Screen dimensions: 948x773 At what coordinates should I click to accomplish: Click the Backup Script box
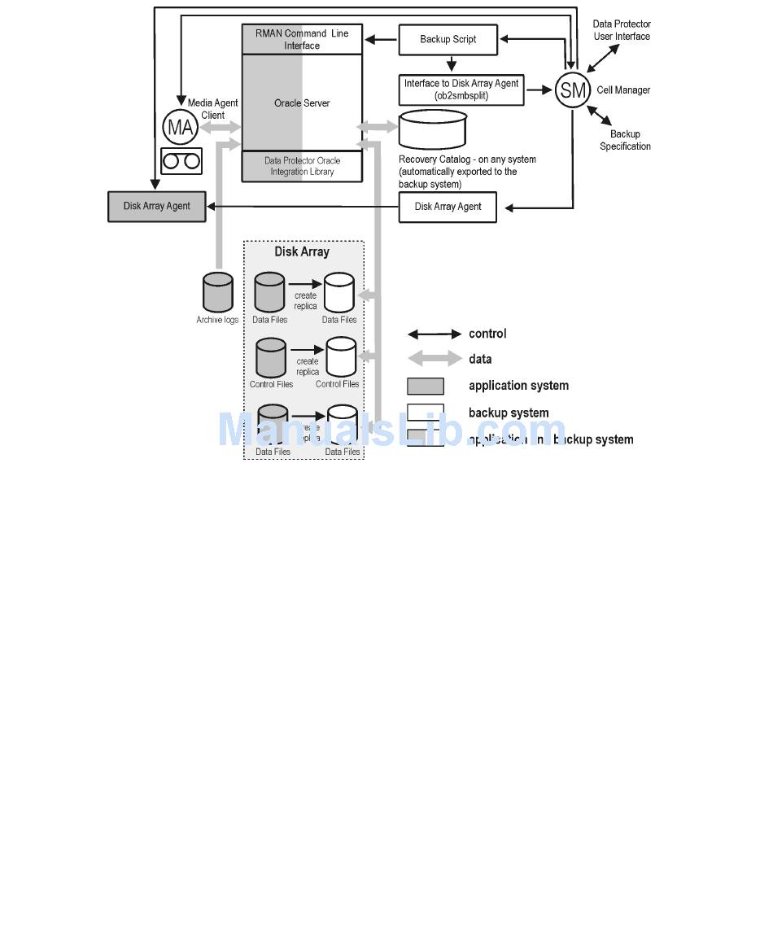point(448,39)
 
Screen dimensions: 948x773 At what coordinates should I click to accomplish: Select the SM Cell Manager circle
point(573,90)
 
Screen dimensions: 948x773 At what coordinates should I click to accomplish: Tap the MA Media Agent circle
point(180,127)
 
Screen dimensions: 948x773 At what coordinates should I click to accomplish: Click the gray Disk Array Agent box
point(156,206)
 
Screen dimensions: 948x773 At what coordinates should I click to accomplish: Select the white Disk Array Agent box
point(448,207)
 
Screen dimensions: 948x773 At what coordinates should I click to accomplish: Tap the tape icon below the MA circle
point(181,161)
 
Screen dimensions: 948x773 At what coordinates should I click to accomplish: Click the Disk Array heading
point(301,252)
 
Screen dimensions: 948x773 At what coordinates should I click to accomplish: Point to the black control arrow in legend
point(434,334)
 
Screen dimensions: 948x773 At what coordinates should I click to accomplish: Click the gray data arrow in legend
point(434,359)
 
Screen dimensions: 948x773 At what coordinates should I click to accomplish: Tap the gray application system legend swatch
point(426,386)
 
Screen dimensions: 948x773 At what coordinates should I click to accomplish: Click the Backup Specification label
point(625,140)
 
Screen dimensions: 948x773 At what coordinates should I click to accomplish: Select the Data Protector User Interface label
point(622,30)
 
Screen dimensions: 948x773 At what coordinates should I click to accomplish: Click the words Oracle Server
point(302,103)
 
